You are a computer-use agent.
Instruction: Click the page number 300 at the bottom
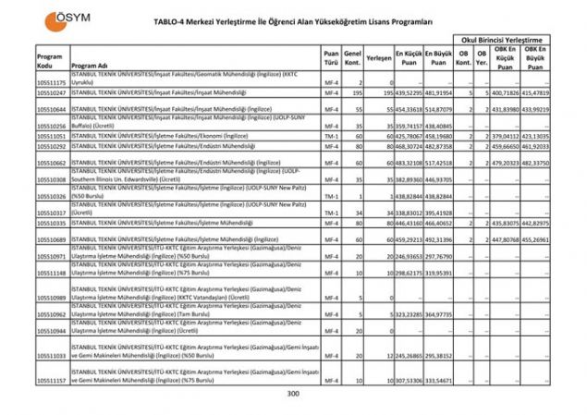tap(293, 394)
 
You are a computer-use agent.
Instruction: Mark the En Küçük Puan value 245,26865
tap(409, 355)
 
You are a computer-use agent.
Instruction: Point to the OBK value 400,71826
tap(505, 93)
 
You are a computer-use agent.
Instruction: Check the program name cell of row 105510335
tap(185, 223)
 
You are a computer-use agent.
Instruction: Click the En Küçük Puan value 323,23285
tap(409, 314)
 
